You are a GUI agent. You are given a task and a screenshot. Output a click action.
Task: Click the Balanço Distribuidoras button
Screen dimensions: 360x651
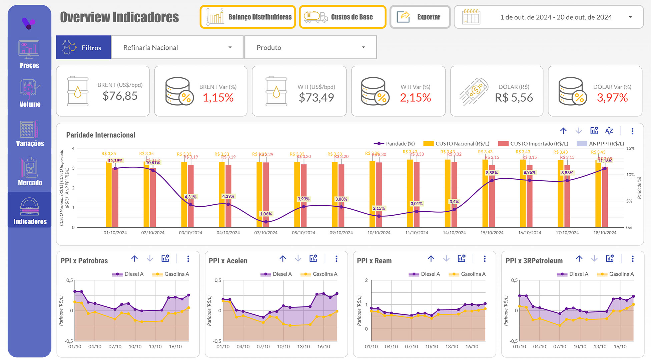[248, 17]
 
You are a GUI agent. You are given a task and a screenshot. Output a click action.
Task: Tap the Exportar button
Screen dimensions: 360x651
[420, 17]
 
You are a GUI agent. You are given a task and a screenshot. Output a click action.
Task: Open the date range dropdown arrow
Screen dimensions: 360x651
[630, 17]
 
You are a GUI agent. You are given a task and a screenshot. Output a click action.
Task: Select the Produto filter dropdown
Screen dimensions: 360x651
[310, 48]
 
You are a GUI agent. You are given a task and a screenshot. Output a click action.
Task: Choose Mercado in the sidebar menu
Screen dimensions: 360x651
[30, 172]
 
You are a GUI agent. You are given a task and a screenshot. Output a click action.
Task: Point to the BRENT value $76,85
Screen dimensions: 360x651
[120, 96]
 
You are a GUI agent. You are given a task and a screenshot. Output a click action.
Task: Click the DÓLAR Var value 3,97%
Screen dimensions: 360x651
[612, 98]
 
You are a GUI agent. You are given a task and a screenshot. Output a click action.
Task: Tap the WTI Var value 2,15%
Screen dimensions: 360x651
[415, 98]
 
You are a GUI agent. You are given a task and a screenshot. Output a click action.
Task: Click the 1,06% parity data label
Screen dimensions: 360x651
[266, 214]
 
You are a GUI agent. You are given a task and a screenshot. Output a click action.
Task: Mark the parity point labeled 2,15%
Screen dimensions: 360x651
[379, 216]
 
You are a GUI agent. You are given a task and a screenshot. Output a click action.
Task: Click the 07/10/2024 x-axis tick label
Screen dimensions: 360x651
[266, 233]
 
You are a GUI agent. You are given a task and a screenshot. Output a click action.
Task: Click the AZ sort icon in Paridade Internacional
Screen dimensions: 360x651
[609, 131]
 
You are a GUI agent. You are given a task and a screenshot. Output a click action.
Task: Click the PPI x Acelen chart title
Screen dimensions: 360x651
[228, 261]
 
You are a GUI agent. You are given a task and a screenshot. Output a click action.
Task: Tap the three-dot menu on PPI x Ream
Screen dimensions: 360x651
[485, 259]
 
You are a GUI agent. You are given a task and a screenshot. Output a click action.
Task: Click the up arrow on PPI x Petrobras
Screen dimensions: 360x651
[134, 259]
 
